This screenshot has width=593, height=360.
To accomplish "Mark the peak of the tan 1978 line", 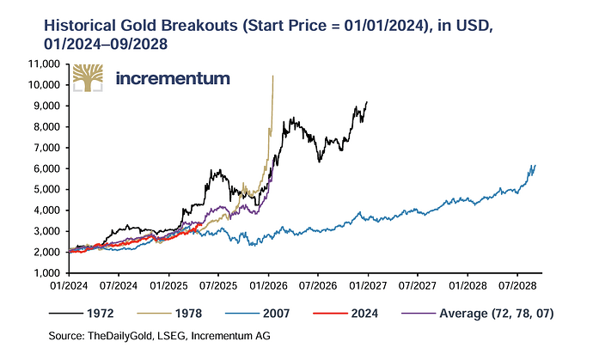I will pos(272,76).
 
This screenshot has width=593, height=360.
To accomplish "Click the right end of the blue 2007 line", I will pos(535,165).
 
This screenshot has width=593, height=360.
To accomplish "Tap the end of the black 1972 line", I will pos(367,102).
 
